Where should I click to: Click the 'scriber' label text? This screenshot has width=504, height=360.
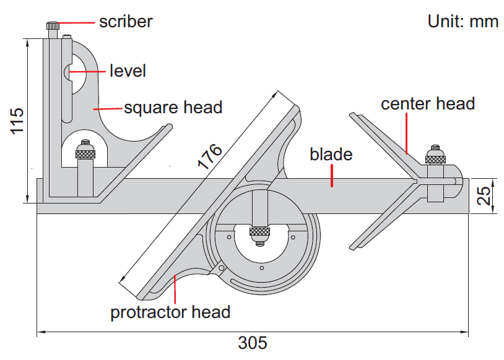pos(126,22)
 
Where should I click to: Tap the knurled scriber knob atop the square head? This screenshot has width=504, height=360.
pos(53,26)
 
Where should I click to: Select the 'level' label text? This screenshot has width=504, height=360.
pos(128,71)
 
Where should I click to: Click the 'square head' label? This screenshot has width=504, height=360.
pos(173,107)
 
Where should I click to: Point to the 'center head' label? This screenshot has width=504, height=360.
pos(428,103)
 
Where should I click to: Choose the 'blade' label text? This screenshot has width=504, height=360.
pos(331,154)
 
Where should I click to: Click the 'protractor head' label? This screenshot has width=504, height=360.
pos(170,312)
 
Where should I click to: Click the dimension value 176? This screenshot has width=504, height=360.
pos(209,157)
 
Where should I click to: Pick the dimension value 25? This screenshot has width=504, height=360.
pos(486,196)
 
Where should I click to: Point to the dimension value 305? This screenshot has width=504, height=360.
pos(253,343)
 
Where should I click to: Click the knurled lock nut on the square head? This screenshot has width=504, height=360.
pos(84,152)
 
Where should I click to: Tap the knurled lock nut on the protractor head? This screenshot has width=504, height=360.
pos(259,232)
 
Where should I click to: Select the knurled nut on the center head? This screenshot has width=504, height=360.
pos(435,158)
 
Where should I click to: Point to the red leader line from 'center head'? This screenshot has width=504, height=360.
pos(407,133)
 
